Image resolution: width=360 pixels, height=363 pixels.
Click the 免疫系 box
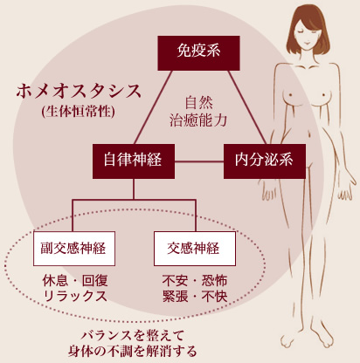coord(198,53)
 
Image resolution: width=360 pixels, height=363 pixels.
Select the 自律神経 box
coord(134,161)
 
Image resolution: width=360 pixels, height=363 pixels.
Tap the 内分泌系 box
coord(265,161)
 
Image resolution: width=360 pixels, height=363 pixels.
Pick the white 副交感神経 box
coord(74,249)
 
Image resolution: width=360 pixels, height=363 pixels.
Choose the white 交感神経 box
coord(195,249)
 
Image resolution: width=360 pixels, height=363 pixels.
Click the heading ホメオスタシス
coord(79,92)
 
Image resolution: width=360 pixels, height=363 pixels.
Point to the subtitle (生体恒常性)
coord(78,112)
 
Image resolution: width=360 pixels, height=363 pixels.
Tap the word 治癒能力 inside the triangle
coord(198,120)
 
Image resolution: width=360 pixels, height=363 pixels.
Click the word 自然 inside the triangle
coord(199,102)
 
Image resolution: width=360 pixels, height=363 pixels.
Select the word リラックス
coord(75,296)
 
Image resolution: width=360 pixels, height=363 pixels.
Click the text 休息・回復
coord(75,280)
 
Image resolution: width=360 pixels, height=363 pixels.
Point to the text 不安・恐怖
coord(195,280)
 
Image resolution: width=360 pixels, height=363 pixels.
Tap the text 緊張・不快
coord(195,296)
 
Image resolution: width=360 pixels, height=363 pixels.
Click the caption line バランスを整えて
coord(133,336)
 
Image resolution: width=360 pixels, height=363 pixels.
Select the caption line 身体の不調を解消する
coord(133,351)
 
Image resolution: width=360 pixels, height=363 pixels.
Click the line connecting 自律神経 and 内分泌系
coord(199,161)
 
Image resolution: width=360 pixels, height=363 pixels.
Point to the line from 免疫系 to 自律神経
coord(153,107)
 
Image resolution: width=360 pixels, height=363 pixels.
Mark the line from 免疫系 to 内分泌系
coord(247,107)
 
